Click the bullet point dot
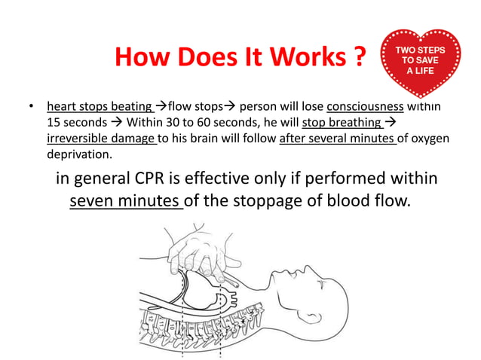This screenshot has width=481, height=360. pos(28,107)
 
